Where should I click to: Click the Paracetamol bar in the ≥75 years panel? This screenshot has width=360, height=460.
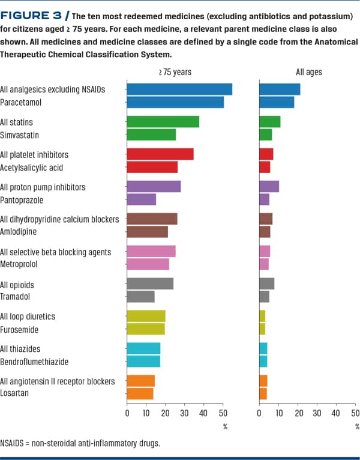175,103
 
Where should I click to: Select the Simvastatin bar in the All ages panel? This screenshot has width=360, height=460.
265,135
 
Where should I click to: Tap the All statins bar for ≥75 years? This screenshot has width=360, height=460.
163,122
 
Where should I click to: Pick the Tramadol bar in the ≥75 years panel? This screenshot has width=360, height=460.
141,297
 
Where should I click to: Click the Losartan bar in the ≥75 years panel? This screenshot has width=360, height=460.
140,394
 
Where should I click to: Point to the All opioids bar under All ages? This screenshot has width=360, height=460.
266,283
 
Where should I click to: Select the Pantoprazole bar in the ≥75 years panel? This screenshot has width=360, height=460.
142,199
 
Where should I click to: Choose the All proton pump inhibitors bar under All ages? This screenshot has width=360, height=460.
269,187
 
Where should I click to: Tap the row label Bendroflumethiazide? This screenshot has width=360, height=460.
34,362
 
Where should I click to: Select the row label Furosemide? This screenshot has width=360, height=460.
20,329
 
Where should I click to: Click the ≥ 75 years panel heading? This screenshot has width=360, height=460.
175,72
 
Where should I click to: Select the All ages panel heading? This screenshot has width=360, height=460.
308,72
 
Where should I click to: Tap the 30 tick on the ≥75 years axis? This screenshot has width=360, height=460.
184,413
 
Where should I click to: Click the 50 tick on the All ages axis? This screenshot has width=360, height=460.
355,413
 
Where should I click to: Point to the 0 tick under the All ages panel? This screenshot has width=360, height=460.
259,413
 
